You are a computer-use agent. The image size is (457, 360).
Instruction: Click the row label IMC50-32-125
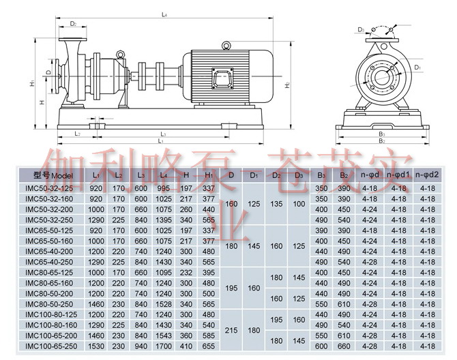48,187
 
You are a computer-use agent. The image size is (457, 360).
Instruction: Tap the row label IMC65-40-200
48,251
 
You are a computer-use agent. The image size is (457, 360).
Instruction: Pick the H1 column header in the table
209,175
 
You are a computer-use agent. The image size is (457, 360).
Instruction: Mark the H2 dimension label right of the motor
288,85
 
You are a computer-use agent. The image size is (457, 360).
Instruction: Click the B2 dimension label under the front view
381,142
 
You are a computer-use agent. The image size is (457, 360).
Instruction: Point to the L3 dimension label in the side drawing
163,134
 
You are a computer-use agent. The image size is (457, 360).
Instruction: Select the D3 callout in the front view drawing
360,30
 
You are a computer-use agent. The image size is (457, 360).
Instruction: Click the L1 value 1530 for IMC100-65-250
95,346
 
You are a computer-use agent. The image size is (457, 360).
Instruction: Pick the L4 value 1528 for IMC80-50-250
164,304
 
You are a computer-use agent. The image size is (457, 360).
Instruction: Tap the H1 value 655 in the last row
209,346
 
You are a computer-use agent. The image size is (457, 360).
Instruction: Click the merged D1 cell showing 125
254,203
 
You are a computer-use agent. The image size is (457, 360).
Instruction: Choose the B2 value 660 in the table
344,346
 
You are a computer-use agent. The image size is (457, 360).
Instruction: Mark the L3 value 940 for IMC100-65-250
141,346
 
